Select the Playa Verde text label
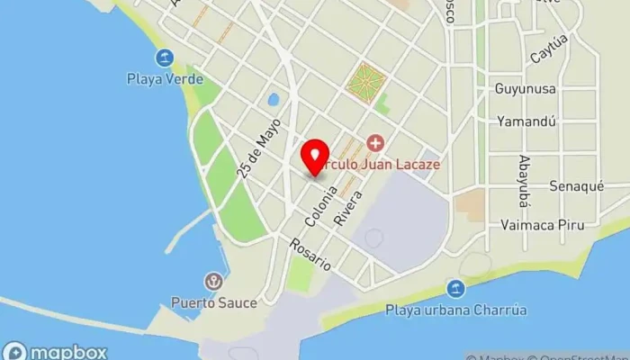164,78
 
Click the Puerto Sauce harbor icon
214,282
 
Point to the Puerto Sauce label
214,303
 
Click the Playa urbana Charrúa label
456,310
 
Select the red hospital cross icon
374,143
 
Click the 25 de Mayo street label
260,148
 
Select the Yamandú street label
526,121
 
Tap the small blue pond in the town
272,99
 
